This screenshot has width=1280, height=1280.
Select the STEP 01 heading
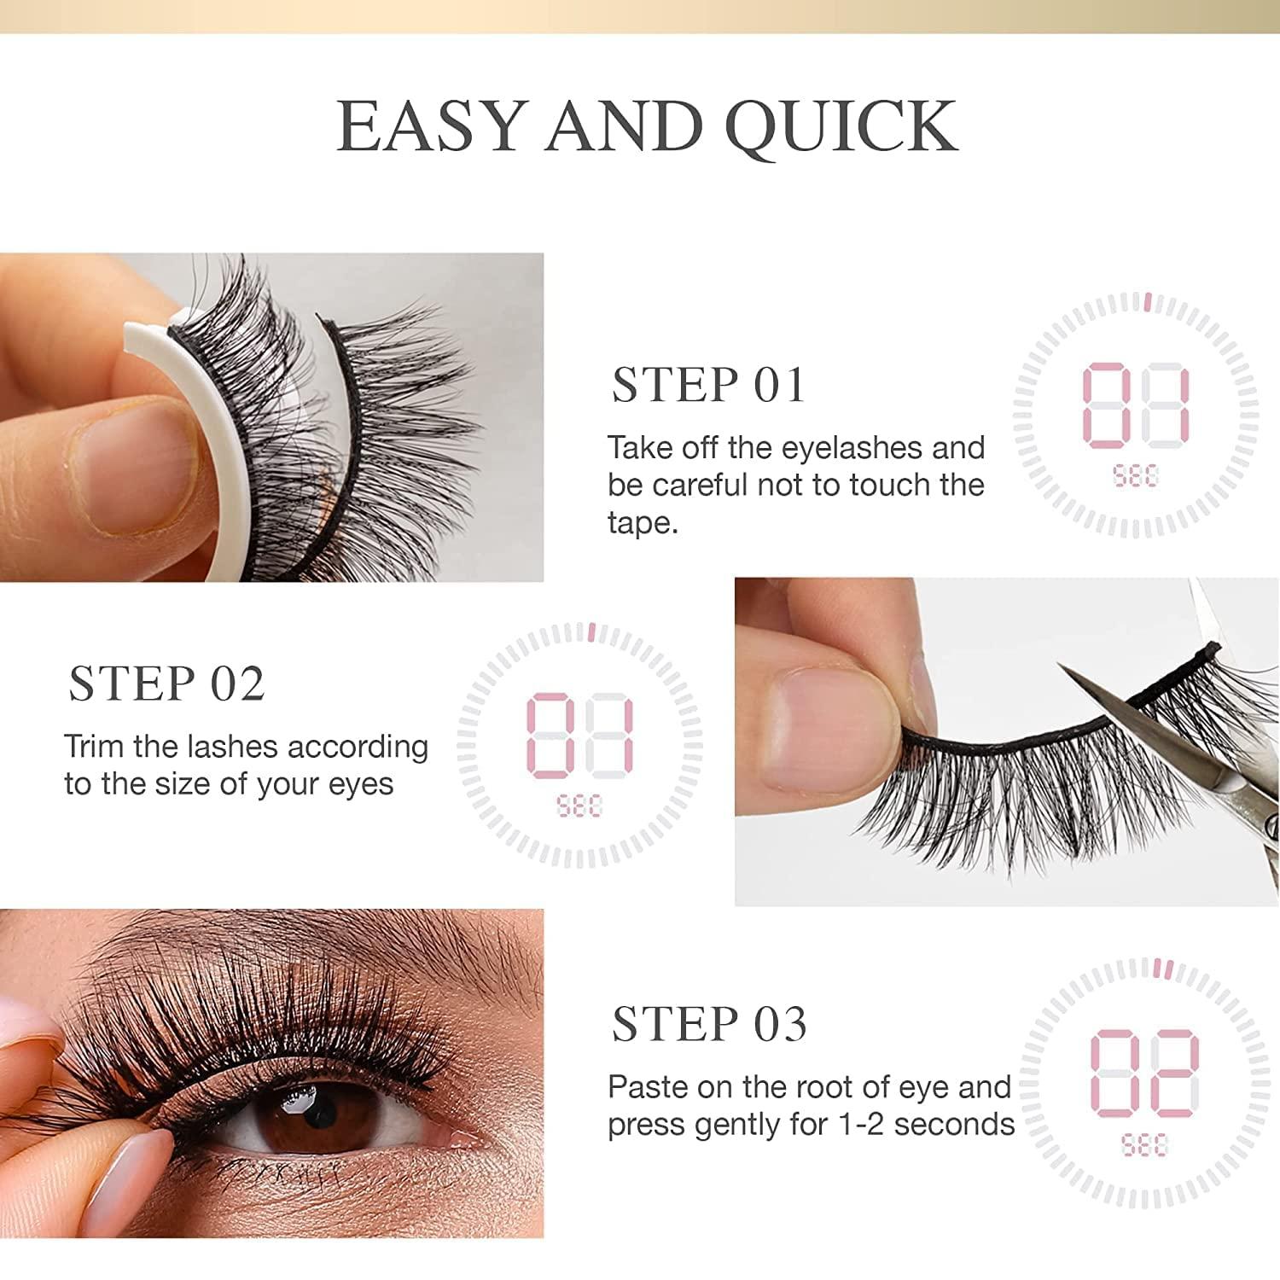tap(708, 385)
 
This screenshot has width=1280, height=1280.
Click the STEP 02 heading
tap(166, 684)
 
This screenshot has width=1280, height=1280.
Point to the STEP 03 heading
tap(709, 1023)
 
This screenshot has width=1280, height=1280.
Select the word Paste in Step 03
tap(648, 1087)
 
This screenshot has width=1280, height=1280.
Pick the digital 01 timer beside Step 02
tap(579, 736)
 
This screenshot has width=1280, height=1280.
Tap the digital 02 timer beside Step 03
tap(1144, 1071)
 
